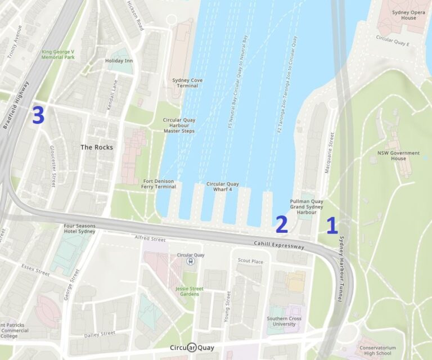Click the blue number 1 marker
pos(332,226)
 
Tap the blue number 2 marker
pos(281,224)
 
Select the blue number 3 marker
pos(38,115)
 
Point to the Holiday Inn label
pos(118,61)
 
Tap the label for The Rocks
pos(96,147)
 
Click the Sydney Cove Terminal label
pos(187,83)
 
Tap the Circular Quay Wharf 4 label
pos(222,187)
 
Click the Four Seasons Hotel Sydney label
pos(79,229)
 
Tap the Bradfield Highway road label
pos(16,105)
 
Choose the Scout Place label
pos(250,261)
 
